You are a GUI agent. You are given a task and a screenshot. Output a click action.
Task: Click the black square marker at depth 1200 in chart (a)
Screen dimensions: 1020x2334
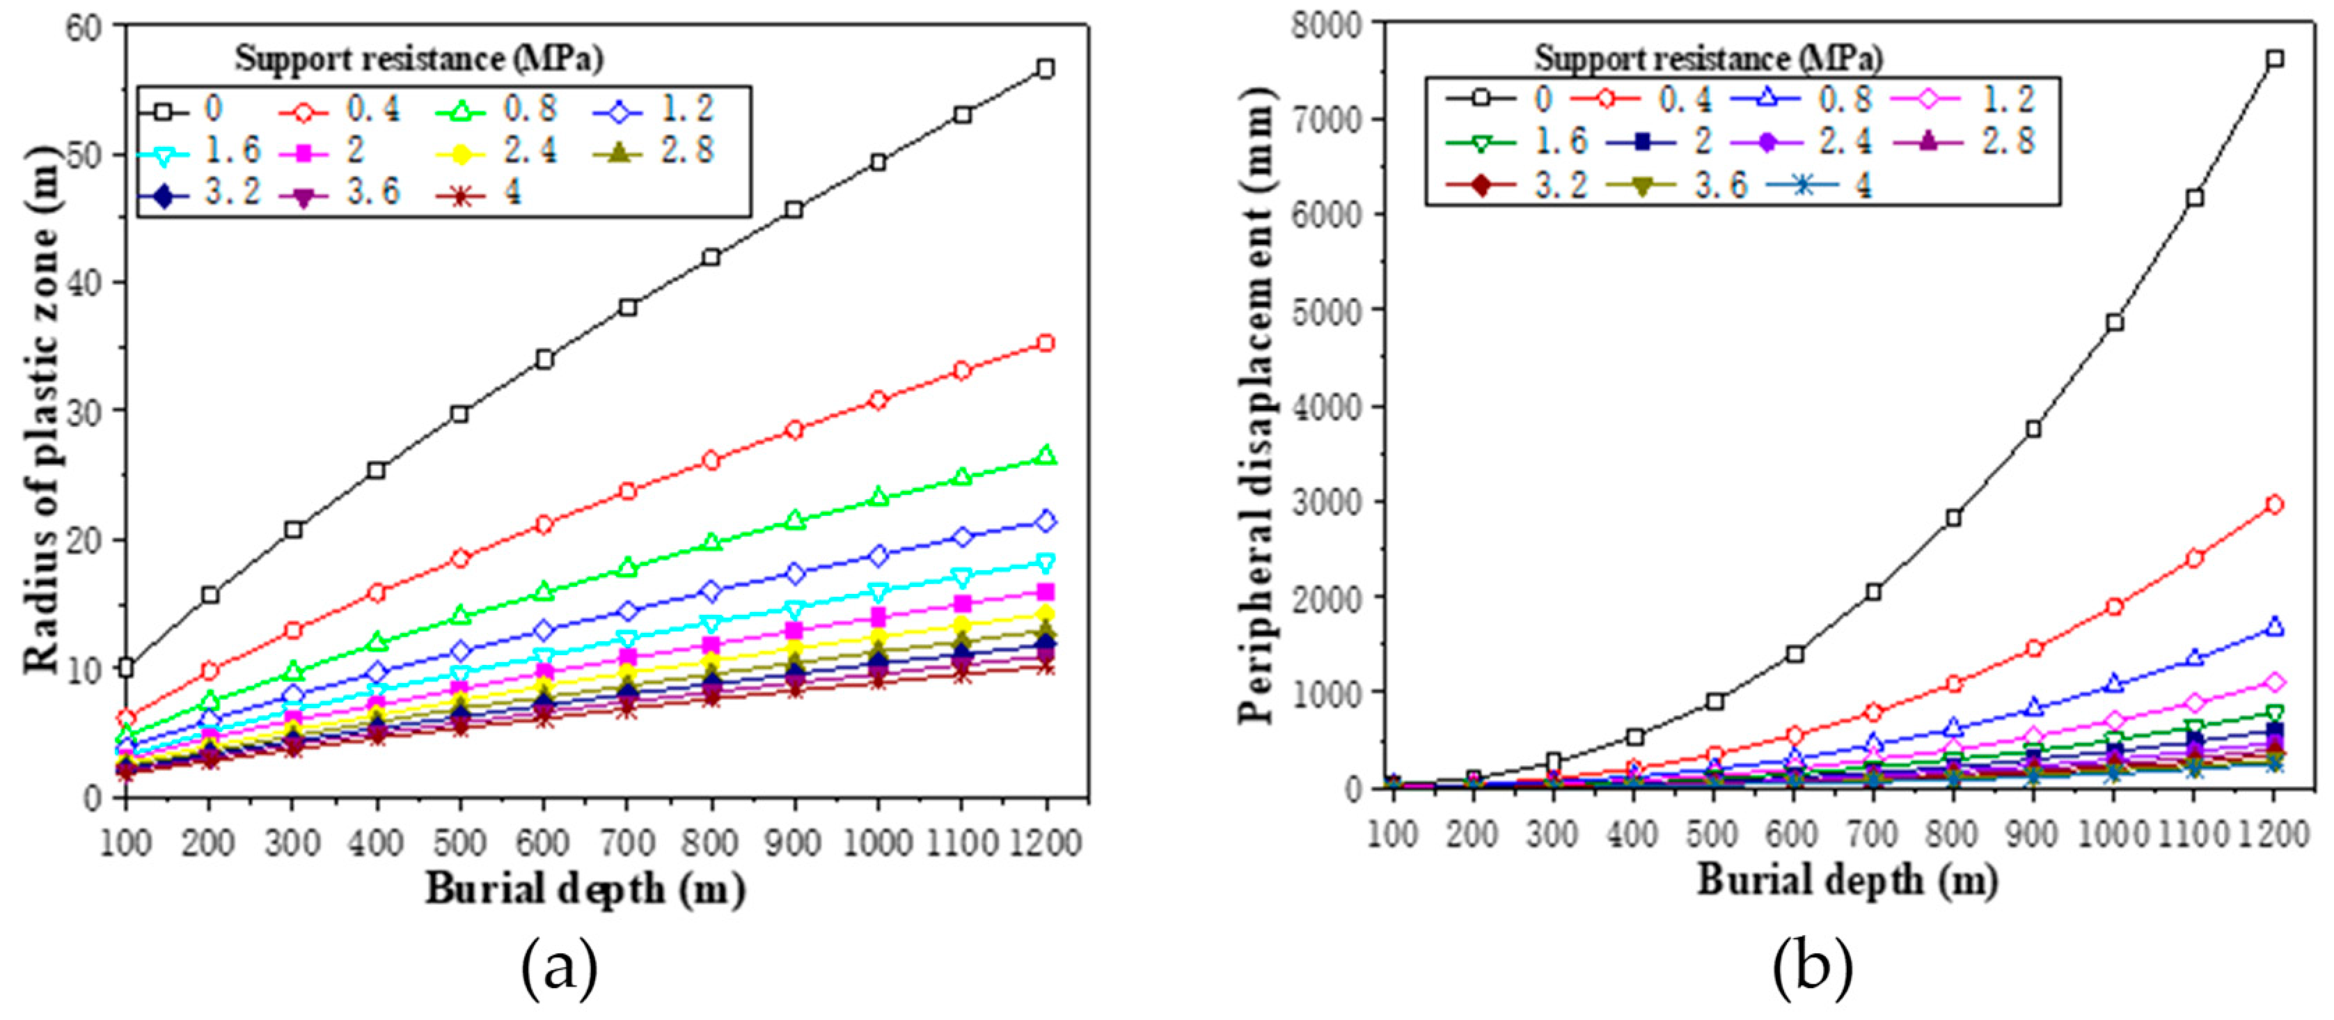point(1046,69)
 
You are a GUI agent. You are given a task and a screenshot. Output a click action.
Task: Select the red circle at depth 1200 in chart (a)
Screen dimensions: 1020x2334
point(1046,343)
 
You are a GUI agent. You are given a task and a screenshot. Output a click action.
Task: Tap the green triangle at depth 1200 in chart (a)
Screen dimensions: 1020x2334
point(1046,455)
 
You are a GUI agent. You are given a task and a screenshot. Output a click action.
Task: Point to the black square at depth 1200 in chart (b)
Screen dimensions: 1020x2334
point(2273,59)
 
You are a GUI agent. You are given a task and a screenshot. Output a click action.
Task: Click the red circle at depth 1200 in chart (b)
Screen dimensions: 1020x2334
point(2273,505)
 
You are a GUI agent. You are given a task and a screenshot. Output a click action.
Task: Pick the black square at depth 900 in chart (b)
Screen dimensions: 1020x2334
point(2033,428)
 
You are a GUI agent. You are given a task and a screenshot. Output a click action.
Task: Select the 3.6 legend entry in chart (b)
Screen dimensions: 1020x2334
point(1681,185)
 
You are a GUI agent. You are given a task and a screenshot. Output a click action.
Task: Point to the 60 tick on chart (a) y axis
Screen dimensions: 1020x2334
point(84,27)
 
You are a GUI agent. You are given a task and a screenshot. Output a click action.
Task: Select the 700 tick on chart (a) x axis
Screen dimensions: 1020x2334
point(627,842)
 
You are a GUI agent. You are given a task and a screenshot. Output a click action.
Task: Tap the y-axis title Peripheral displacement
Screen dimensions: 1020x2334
point(1258,406)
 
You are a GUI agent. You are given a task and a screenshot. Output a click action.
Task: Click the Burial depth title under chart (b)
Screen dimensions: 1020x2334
point(1847,881)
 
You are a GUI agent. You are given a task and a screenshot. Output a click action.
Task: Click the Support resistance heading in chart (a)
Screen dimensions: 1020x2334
point(420,59)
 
